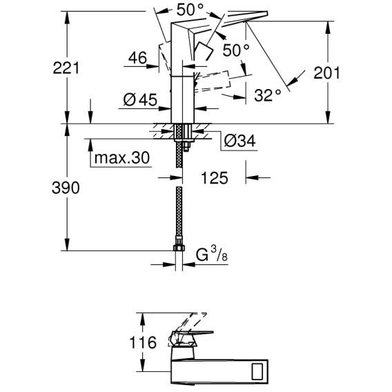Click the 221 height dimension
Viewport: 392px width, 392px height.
click(x=66, y=68)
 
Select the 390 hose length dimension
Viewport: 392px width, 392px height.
click(x=66, y=188)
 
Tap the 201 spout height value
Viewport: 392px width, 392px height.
click(x=326, y=73)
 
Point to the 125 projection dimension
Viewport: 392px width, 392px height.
click(x=215, y=178)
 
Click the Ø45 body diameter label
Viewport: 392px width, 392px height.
click(x=140, y=100)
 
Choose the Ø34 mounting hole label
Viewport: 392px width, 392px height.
click(x=239, y=141)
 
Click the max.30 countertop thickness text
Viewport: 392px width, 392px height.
click(x=122, y=158)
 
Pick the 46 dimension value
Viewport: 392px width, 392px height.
click(x=137, y=58)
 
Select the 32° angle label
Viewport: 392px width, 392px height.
click(x=268, y=95)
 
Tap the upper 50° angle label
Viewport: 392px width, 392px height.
click(x=190, y=10)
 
